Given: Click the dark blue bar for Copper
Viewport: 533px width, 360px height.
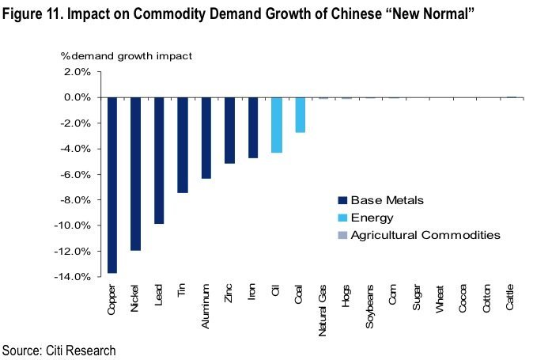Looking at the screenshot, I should point(112,185).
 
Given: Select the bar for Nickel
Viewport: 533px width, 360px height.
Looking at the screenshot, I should point(135,173).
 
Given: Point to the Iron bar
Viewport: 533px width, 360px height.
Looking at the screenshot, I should point(253,127).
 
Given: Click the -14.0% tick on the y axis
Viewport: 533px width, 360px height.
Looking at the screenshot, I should point(77,276).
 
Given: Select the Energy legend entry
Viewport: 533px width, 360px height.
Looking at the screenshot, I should point(372,217).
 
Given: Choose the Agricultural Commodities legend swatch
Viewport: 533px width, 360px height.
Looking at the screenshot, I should point(342,235).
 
